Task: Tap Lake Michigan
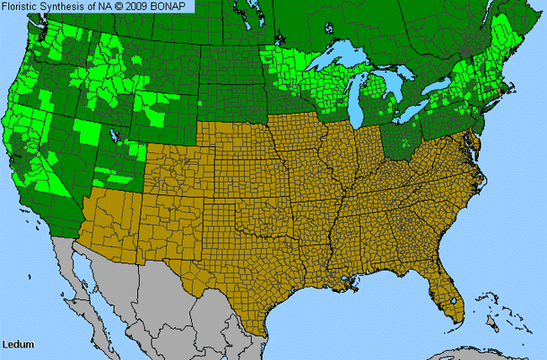pyautogui.click(x=364, y=101)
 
